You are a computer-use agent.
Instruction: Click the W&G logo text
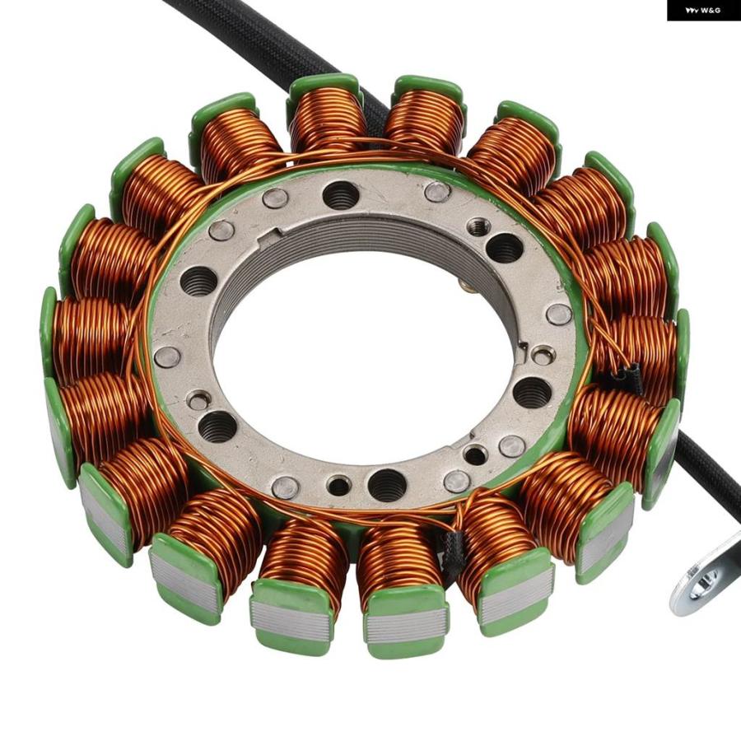[x=703, y=10]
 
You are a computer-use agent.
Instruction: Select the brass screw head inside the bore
[x=465, y=284]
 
